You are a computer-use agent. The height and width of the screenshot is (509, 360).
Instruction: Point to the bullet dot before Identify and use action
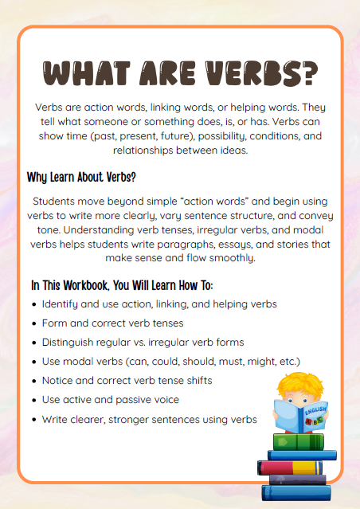pyautogui.click(x=33, y=304)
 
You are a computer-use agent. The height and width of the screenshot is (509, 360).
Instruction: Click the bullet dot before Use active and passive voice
pyautogui.click(x=33, y=400)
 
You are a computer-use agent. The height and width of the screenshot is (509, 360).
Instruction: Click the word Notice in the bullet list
pyautogui.click(x=59, y=381)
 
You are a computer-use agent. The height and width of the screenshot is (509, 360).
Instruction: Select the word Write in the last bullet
pyautogui.click(x=57, y=419)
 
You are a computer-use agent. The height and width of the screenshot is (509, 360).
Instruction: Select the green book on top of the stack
pyautogui.click(x=299, y=440)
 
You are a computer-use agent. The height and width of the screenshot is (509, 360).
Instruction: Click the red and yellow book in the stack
pyautogui.click(x=295, y=467)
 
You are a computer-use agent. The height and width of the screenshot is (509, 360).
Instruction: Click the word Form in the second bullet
pyautogui.click(x=55, y=323)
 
